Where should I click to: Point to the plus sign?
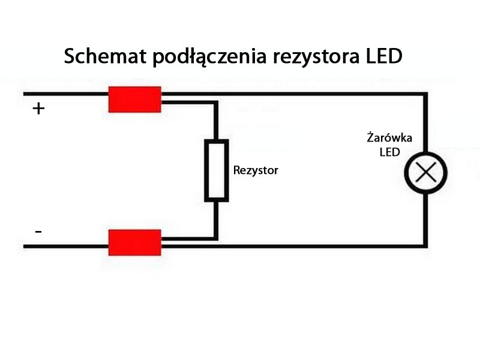point(38,109)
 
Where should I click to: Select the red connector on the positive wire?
point(134,99)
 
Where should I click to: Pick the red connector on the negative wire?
point(134,242)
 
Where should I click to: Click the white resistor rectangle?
point(217,170)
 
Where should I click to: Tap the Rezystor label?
point(256,170)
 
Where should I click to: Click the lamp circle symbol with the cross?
point(425,173)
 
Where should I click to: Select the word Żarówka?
point(389,138)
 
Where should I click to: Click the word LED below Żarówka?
point(389,152)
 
